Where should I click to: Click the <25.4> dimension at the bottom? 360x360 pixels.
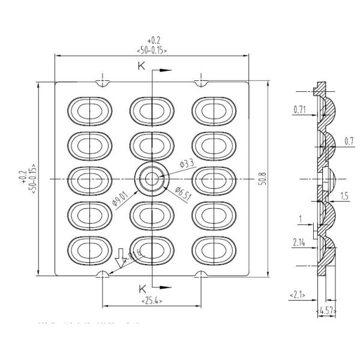152,299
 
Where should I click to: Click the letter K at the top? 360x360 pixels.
142,67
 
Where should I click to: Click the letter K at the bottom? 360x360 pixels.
142,286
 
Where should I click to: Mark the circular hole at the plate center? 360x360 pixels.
152,179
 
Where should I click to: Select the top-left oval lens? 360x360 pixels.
89,110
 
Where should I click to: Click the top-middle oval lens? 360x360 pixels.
152,110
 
